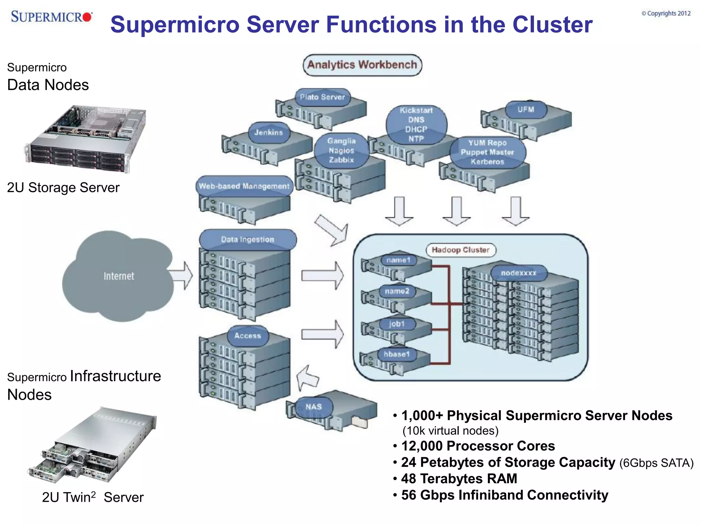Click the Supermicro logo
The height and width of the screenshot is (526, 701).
point(51,16)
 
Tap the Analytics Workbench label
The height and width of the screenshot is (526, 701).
point(362,65)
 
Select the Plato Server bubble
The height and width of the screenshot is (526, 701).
point(322,97)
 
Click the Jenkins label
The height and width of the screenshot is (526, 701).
point(269,133)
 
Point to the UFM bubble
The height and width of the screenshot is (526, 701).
point(526,110)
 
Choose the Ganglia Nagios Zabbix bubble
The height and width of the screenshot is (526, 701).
point(341,150)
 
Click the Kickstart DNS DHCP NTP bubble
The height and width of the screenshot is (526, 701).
point(416,125)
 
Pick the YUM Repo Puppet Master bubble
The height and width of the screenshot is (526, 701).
point(487,152)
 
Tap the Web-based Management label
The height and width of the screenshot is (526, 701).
point(244,186)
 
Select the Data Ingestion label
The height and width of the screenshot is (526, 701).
point(247,239)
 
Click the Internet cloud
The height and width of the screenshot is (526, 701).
point(118,276)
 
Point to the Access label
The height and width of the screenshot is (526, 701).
point(248,336)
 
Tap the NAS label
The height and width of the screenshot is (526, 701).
point(314,407)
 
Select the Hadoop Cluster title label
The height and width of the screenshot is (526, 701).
point(461,250)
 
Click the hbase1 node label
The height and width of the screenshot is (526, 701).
point(397,354)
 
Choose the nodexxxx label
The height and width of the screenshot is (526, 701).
point(519,273)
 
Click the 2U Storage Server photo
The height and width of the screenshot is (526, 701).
point(86,139)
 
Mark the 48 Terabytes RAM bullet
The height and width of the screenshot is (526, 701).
point(459,479)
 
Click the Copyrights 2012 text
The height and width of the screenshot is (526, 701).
point(666,13)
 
